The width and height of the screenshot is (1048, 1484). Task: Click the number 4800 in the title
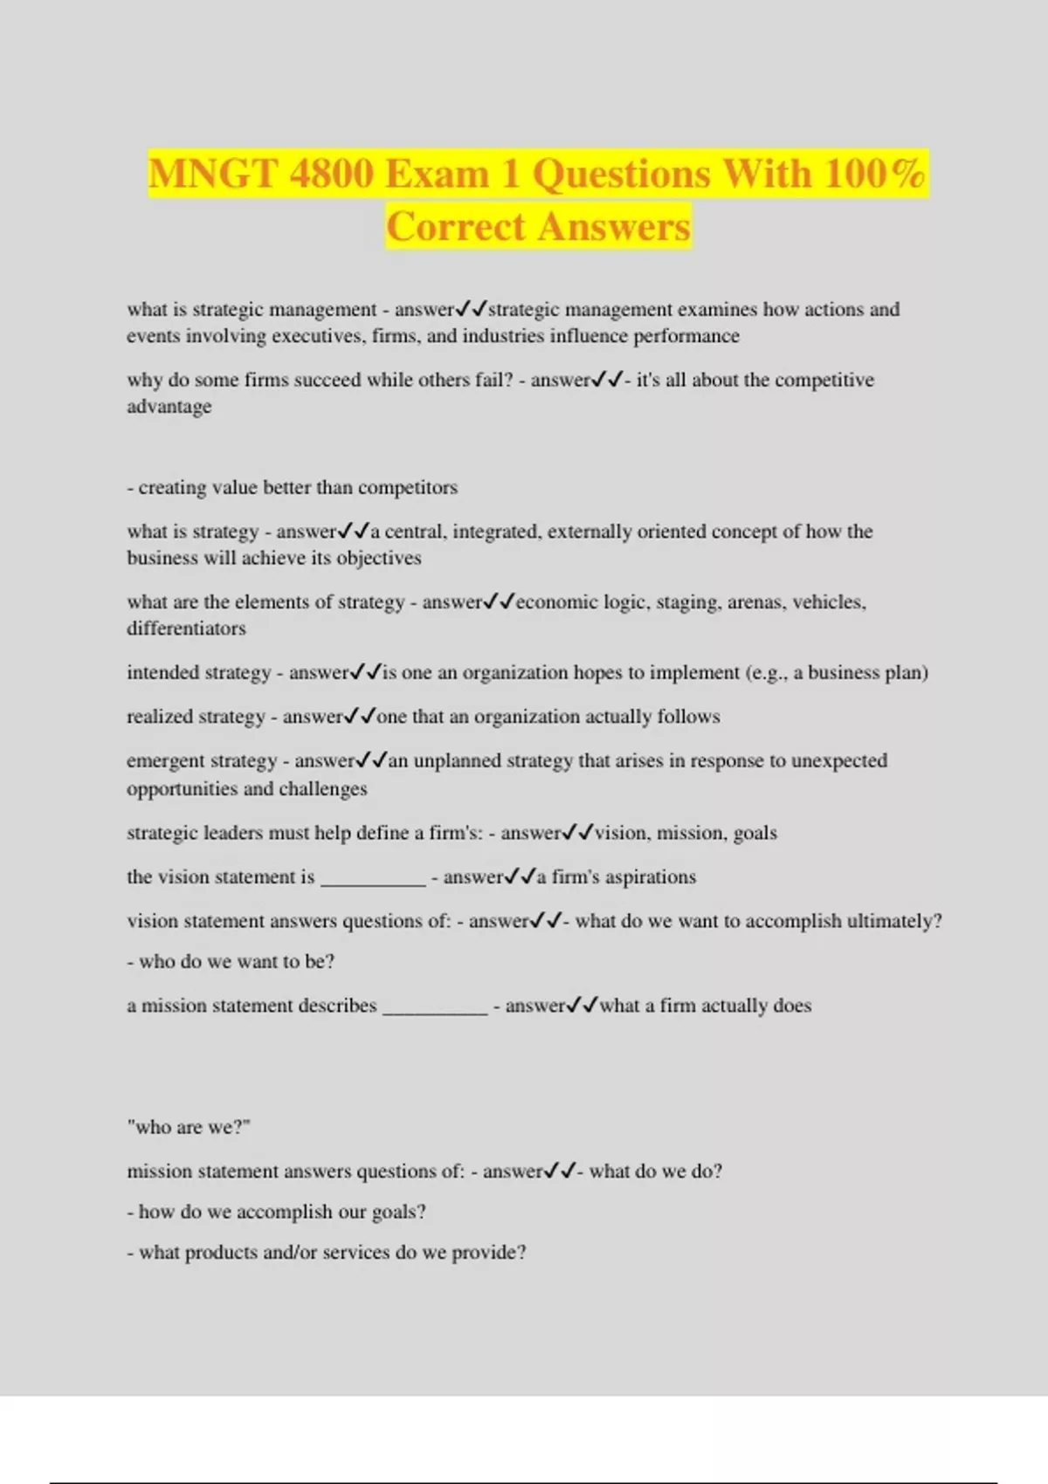331,173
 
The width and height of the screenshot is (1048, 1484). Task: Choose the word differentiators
186,629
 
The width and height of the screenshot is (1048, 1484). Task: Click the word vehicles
829,602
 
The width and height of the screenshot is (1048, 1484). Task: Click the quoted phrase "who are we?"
189,1127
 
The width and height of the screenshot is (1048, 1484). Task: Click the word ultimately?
893,921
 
